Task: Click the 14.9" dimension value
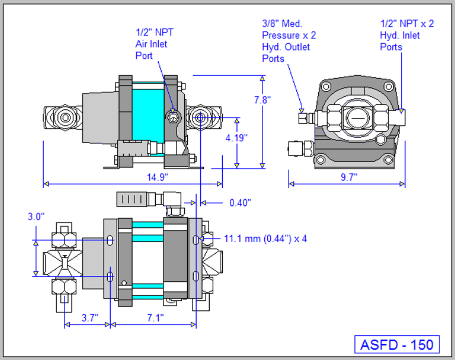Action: pos(158,177)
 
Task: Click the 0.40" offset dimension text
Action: pos(240,203)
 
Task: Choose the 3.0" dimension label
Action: pos(36,217)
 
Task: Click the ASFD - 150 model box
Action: pos(397,344)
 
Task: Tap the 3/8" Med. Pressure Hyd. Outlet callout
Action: pos(289,41)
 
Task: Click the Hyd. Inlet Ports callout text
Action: pos(408,36)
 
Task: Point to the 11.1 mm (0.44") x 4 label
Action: pos(264,238)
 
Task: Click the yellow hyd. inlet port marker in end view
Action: pos(400,111)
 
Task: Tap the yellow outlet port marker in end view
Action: pos(302,110)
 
